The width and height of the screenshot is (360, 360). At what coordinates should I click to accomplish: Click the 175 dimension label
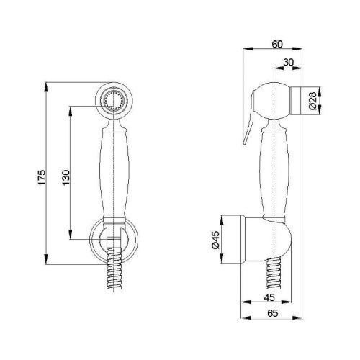point(42,177)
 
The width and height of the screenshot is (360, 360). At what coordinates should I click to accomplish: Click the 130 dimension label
point(66,177)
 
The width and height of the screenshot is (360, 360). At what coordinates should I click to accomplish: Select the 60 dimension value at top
point(277,44)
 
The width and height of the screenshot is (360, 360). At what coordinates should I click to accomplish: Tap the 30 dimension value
point(288,62)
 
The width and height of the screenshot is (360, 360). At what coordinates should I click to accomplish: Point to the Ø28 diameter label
point(312,101)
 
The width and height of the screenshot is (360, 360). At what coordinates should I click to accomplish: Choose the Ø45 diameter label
point(215,240)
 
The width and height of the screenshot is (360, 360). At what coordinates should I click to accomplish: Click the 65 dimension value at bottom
point(273,313)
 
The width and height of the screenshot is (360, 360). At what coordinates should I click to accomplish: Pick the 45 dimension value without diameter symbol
point(269,297)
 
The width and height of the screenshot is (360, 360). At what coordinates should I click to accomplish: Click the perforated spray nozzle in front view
point(114,101)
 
